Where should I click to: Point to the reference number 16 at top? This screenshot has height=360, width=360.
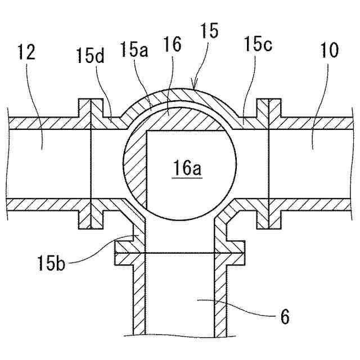[x=173, y=46]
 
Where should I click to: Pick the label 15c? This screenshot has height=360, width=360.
[x=259, y=45]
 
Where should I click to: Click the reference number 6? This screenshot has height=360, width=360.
[x=285, y=318]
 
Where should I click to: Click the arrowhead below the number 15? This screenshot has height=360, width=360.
[x=193, y=87]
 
